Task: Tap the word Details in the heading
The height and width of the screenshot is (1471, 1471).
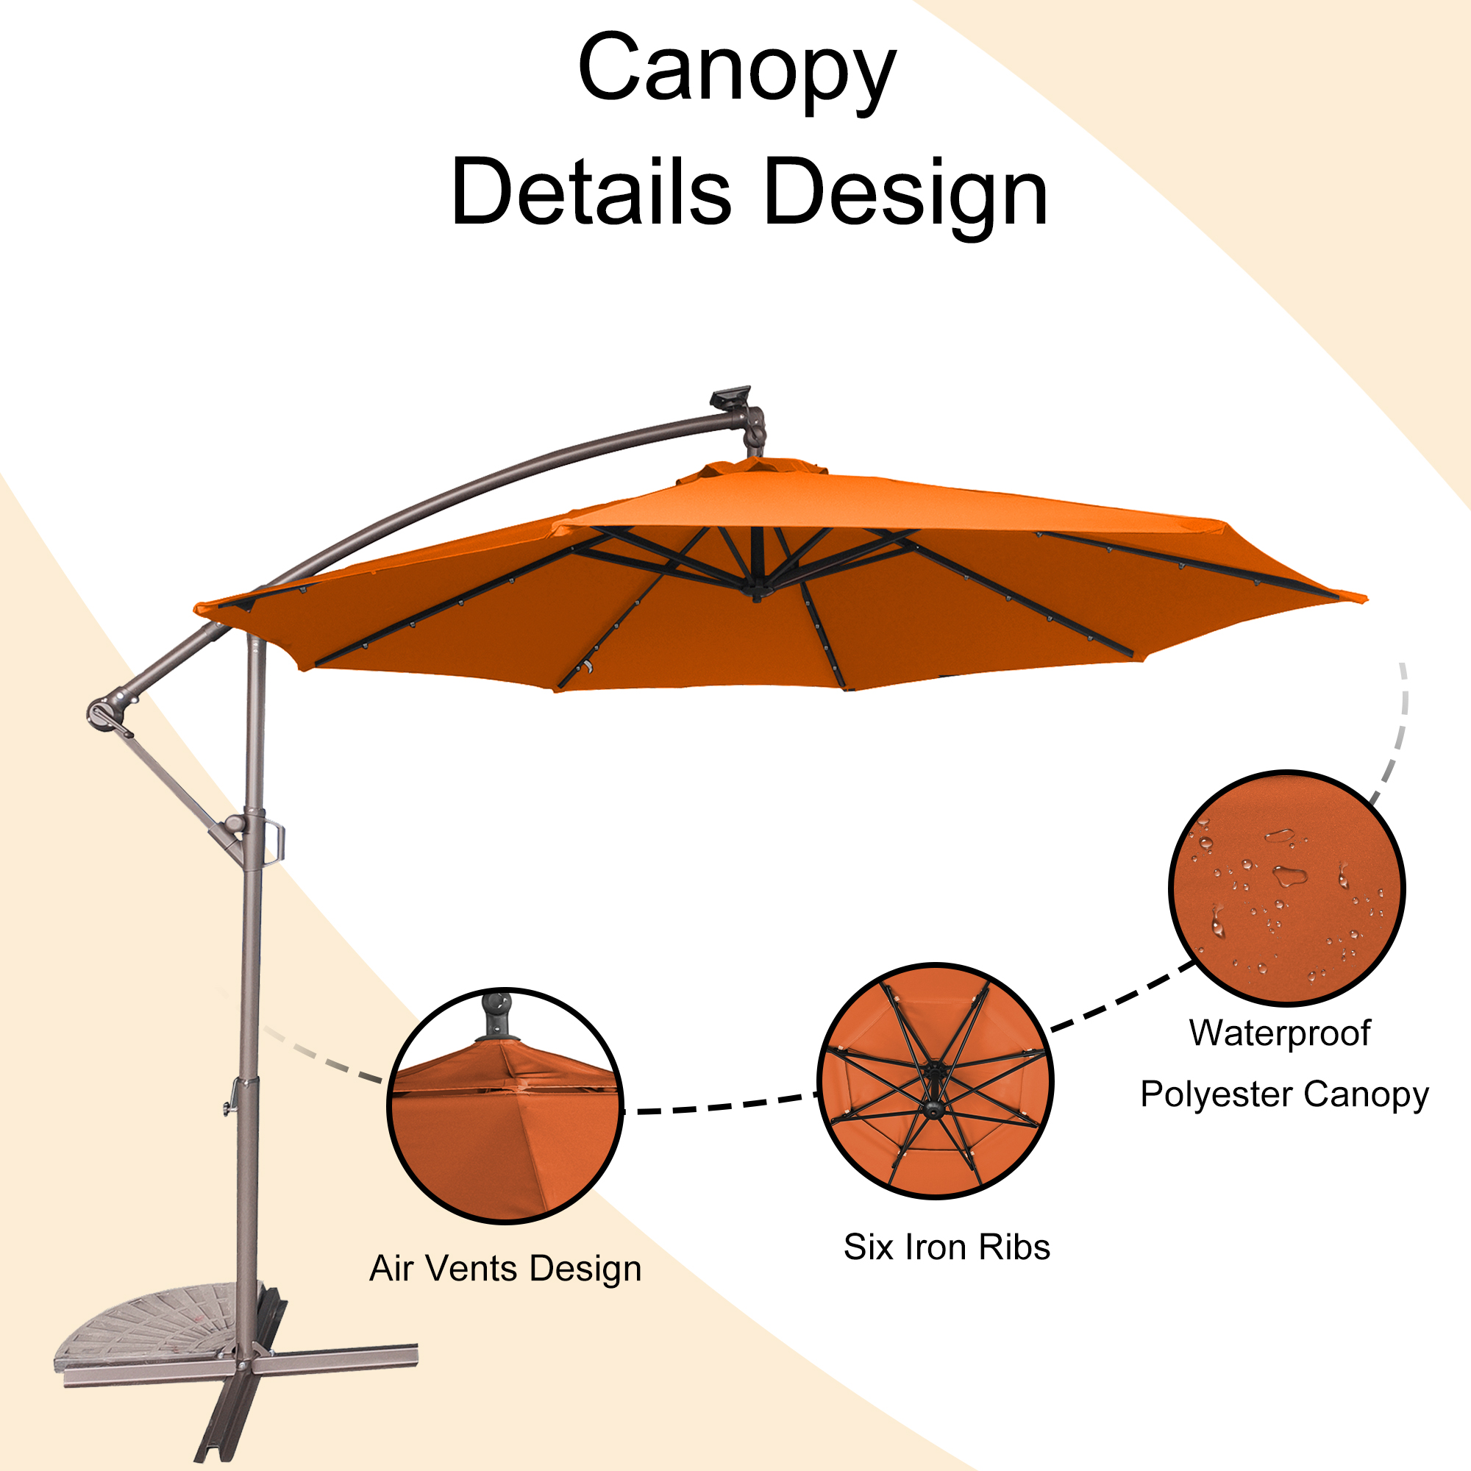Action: click(591, 192)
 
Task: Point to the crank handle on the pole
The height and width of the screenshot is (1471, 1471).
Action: click(275, 841)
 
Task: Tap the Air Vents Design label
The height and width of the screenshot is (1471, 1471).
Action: click(505, 1269)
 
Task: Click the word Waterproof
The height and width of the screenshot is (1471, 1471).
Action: click(1280, 1033)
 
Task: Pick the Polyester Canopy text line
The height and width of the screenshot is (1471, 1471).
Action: click(1284, 1096)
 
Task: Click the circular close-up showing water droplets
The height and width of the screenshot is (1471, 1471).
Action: click(1286, 887)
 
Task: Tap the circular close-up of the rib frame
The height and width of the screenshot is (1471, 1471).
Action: click(935, 1081)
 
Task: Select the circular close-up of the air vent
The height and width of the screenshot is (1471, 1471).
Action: click(505, 1105)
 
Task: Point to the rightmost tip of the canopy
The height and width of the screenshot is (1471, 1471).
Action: click(1364, 599)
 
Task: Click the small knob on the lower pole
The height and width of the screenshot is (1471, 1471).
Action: click(229, 1107)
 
